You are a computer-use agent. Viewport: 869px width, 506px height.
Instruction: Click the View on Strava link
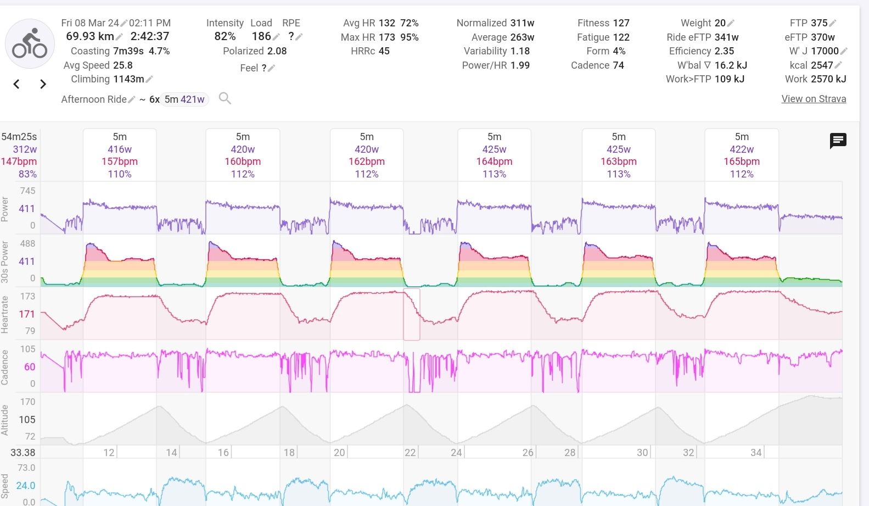click(x=814, y=99)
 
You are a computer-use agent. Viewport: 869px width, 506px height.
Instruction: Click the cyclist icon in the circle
click(x=30, y=44)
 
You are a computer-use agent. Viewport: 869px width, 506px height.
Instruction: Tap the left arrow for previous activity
click(x=16, y=84)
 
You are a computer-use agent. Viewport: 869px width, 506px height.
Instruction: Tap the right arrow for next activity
click(x=43, y=84)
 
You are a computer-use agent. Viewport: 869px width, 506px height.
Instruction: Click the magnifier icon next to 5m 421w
click(x=225, y=98)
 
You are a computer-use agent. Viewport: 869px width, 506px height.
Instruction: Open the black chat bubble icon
click(x=838, y=141)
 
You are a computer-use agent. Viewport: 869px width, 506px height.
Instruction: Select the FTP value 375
click(x=819, y=23)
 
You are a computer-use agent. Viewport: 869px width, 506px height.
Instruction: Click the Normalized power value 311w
click(x=522, y=23)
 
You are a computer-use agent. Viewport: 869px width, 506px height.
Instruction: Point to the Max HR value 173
click(x=386, y=37)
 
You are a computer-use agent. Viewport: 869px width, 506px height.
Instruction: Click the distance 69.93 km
click(x=89, y=36)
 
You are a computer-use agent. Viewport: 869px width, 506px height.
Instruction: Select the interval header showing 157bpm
click(x=120, y=162)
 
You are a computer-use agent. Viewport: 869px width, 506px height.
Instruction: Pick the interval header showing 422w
click(x=742, y=149)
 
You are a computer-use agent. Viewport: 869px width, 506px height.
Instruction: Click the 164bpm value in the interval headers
click(x=494, y=162)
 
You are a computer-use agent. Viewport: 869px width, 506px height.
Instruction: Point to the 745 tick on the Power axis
click(x=27, y=191)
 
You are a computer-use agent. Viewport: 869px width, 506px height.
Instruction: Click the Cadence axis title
click(x=5, y=366)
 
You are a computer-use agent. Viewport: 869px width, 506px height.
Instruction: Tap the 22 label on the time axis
click(x=410, y=452)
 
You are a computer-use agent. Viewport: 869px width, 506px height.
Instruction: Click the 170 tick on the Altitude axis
click(x=27, y=402)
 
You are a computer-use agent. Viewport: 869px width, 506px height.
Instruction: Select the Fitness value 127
click(x=621, y=23)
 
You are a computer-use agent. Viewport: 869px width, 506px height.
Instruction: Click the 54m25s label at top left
click(x=19, y=137)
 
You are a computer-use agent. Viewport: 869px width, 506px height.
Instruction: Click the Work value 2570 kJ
click(x=828, y=79)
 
